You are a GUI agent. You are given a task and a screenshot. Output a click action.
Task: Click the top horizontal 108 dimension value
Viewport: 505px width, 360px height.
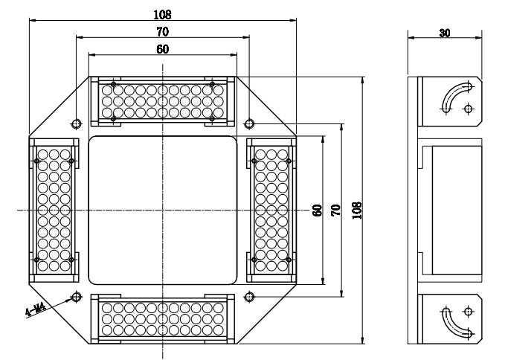[x=163, y=14]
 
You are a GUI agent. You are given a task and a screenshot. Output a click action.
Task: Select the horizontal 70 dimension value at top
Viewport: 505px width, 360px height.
[x=163, y=32]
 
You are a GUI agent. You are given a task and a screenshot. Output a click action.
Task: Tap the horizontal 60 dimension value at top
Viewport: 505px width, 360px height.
[x=163, y=49]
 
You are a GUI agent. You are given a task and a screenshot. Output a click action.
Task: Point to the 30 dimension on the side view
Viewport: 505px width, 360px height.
[x=445, y=33]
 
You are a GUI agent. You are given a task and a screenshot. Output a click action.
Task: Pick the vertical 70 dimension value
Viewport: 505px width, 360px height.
[x=335, y=210]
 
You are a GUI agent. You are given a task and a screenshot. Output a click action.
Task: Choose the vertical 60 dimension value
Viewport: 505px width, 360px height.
[x=318, y=210]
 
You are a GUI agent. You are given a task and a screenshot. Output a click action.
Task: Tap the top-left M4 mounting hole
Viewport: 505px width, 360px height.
[x=77, y=123]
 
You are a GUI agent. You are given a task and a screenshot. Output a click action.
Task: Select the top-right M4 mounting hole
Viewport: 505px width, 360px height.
[x=249, y=123]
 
